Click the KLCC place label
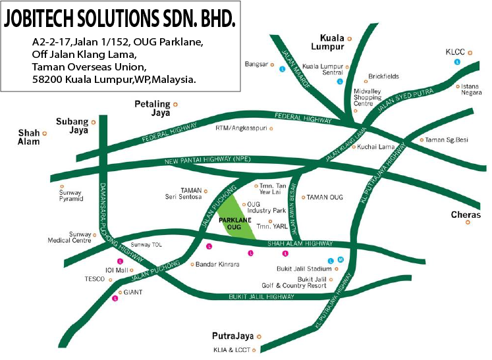[x=456, y=51]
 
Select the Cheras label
[x=466, y=215]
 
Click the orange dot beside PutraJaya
[x=259, y=337]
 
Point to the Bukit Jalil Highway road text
[x=261, y=297]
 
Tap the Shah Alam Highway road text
[x=300, y=244]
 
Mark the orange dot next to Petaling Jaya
[x=175, y=104]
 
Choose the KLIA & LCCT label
[x=231, y=349]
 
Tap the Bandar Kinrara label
[x=218, y=265]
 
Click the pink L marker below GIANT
[x=115, y=299]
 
